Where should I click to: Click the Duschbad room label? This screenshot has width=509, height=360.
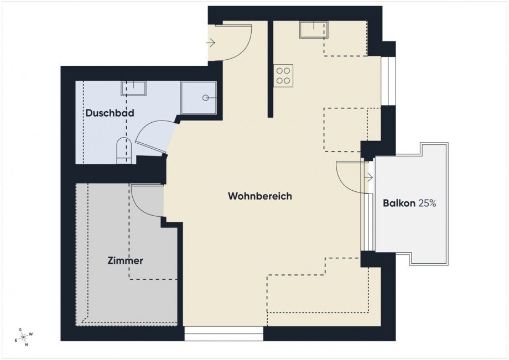[x=110, y=113]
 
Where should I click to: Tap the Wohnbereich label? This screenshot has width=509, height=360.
[x=259, y=196]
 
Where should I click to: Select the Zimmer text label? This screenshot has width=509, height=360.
[x=126, y=260]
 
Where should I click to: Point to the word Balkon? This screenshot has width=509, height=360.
[x=399, y=204]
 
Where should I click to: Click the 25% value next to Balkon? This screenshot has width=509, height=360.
[x=427, y=204]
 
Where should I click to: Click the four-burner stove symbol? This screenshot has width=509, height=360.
[x=284, y=75]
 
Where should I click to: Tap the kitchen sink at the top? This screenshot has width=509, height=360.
[x=314, y=29]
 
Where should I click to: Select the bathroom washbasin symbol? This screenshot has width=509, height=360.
[x=134, y=88]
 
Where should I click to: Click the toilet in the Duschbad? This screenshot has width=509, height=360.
[x=124, y=152]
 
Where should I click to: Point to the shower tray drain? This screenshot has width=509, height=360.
[x=205, y=98]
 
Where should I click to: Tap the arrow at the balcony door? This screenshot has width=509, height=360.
[x=369, y=178]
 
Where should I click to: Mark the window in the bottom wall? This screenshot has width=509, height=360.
[x=224, y=333]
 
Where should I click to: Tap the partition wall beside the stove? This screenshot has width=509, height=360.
[x=271, y=69]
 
